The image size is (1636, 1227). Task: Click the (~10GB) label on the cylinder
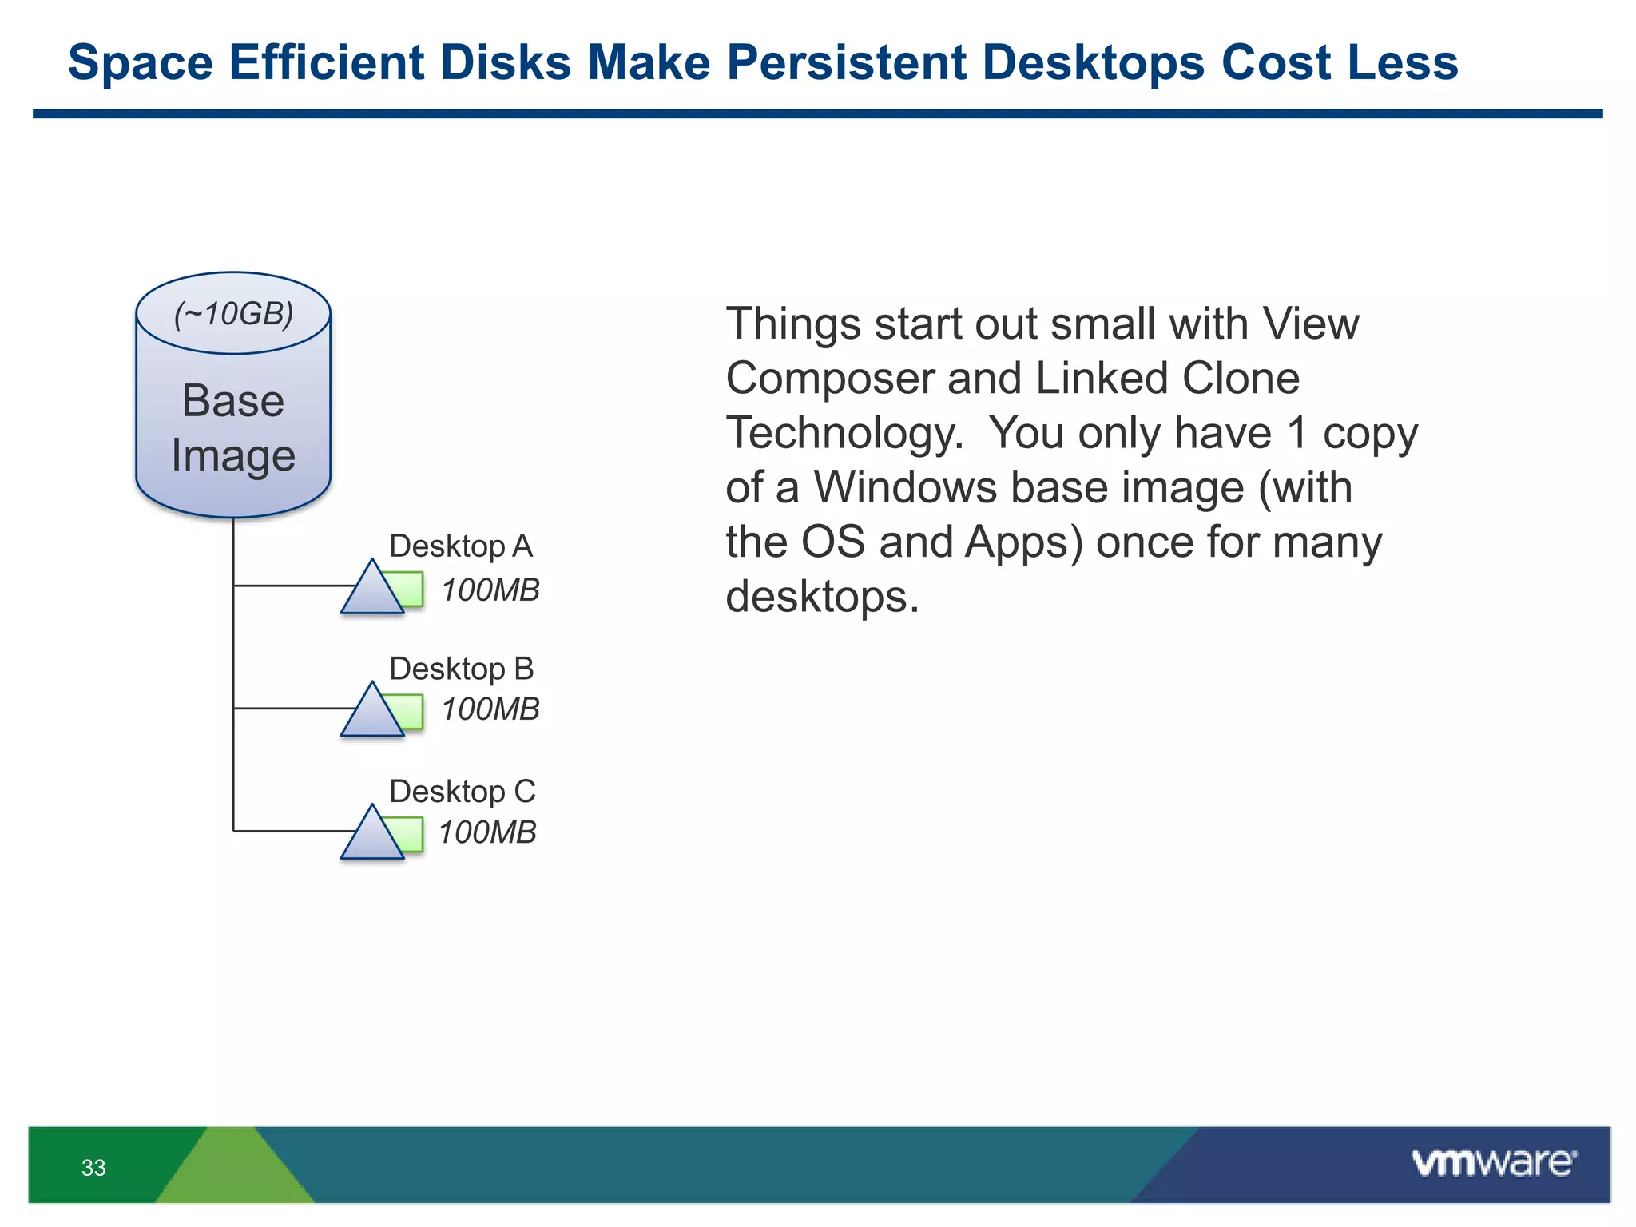click(233, 314)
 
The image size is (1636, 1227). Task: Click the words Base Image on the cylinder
click(233, 428)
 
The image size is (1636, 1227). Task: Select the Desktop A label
click(460, 546)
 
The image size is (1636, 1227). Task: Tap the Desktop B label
click(461, 669)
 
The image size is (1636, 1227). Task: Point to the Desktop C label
click(462, 792)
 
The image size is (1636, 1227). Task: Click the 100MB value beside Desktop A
click(490, 590)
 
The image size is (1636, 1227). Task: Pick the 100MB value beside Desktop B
click(490, 709)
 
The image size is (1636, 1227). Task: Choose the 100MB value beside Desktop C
click(486, 832)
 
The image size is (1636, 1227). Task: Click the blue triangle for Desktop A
click(371, 593)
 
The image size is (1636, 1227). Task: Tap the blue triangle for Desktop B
click(371, 715)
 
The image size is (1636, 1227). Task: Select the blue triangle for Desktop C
click(371, 838)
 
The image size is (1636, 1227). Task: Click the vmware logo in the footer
click(1494, 1163)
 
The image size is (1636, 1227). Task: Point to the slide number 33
click(93, 1168)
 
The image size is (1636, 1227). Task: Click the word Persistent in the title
click(846, 62)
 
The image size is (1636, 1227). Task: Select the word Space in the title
click(141, 62)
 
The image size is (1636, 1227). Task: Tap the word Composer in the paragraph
click(828, 379)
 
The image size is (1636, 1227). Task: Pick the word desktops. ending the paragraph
click(822, 597)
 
